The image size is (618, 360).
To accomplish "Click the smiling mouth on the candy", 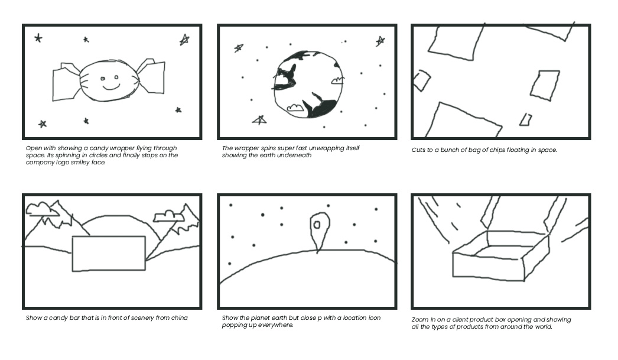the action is click(111, 86).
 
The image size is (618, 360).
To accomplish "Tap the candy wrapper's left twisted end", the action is click(66, 82).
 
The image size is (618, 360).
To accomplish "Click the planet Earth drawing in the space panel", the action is click(307, 85).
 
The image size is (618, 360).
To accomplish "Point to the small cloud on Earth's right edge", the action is click(337, 80).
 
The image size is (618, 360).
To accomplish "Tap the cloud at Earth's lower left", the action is click(294, 107).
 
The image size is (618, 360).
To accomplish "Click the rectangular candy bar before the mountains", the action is click(109, 254).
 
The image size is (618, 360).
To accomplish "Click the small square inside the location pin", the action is click(317, 225).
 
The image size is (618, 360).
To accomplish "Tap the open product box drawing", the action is click(500, 255).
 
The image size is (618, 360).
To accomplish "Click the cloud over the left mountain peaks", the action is click(41, 209).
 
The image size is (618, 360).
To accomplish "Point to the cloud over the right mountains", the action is click(169, 216).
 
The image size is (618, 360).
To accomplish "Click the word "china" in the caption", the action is click(180, 318).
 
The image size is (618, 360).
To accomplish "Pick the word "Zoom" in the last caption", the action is click(419, 320).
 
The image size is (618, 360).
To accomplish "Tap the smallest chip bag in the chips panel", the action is click(525, 120).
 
